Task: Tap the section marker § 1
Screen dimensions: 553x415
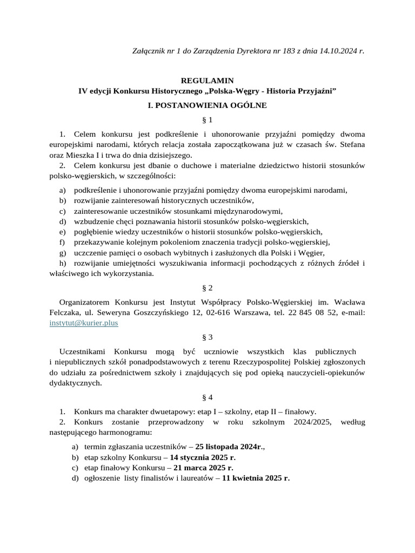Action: click(x=207, y=119)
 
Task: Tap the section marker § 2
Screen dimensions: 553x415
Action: click(x=207, y=288)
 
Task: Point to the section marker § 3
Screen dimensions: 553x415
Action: click(x=207, y=337)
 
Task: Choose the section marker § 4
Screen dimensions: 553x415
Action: click(x=207, y=397)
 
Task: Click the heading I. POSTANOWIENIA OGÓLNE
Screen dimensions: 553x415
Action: click(x=207, y=105)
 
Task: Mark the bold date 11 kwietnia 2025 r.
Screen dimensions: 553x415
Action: click(x=256, y=478)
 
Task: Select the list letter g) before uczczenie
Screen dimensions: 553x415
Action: click(x=63, y=252)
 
